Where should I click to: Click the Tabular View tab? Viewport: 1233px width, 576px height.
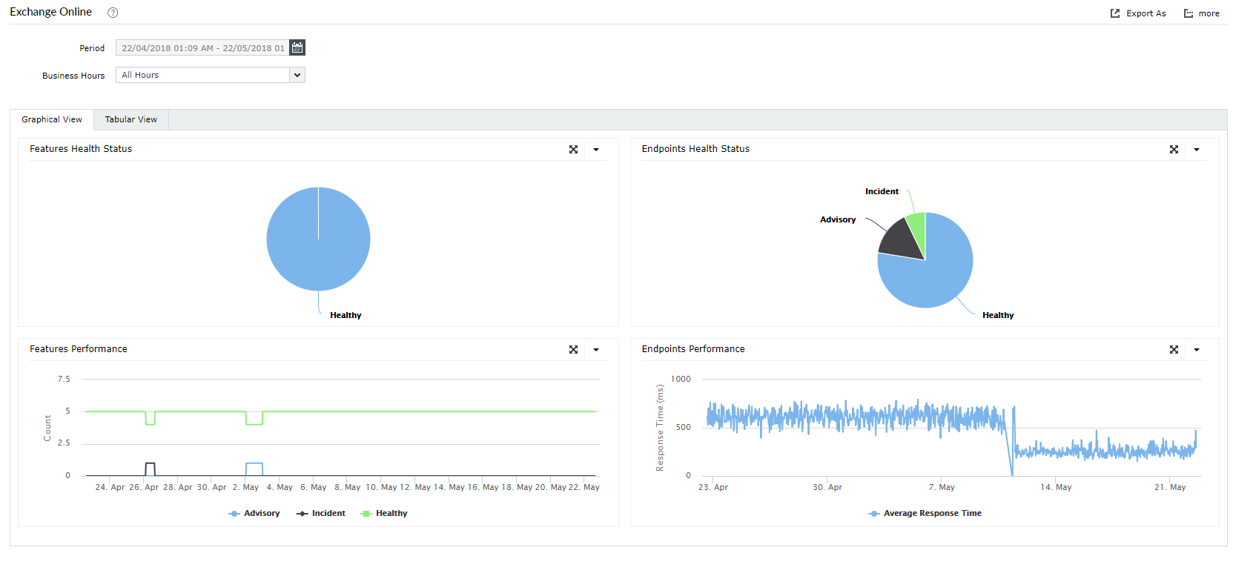130,119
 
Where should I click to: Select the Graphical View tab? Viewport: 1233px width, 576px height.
52,119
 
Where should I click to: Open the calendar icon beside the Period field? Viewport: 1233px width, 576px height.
297,47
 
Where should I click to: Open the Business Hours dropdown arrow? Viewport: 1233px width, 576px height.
297,75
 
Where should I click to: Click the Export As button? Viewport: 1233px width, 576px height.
1138,13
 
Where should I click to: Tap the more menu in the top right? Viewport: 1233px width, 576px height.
1202,13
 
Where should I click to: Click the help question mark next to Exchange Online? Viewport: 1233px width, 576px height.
113,13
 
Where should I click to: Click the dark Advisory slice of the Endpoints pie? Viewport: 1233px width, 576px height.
902,239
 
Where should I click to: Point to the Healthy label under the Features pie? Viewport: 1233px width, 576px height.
346,315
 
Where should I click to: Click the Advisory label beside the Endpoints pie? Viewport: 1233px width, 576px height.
838,219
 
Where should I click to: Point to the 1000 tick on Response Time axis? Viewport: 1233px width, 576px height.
681,379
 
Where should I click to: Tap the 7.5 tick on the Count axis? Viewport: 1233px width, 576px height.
64,379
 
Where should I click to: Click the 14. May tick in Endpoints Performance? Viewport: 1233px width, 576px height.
1056,487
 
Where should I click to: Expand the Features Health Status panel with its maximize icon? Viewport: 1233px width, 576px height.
573,149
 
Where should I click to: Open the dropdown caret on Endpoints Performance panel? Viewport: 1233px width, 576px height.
1197,349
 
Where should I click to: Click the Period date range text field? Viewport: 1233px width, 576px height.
202,47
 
